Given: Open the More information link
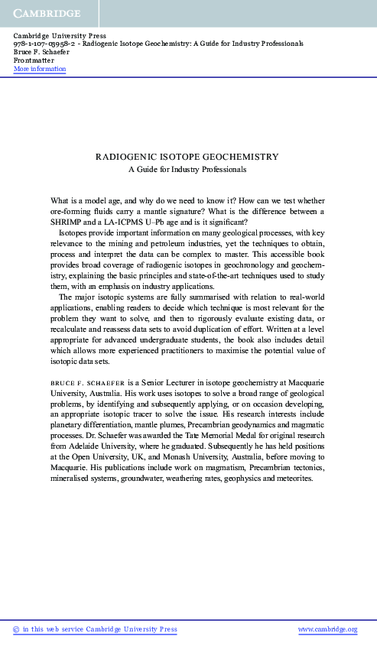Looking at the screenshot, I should (40, 69).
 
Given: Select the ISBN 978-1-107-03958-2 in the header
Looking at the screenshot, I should (44, 44).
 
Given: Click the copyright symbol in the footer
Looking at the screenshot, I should (17, 629).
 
